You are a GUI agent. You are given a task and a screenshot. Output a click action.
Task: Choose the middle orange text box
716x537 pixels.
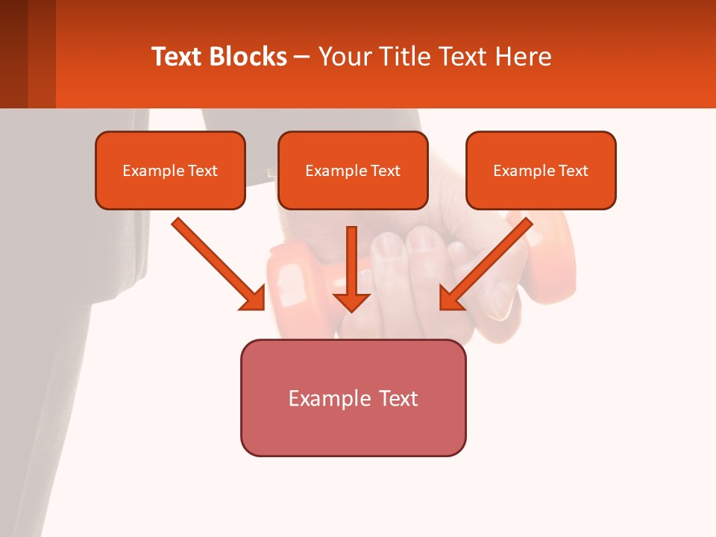click(x=353, y=191)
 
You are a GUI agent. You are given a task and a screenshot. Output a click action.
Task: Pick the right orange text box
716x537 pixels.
click(x=541, y=191)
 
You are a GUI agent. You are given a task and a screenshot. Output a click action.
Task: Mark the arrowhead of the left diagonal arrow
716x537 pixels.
click(x=254, y=298)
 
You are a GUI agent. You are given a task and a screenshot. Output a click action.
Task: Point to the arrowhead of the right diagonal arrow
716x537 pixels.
click(x=450, y=298)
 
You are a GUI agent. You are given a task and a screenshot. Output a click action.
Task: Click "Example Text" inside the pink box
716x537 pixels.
click(x=353, y=398)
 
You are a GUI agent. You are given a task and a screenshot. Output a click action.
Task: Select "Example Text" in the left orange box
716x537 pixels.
click(x=170, y=171)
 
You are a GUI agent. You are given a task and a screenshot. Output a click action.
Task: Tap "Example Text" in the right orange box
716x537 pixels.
click(x=541, y=171)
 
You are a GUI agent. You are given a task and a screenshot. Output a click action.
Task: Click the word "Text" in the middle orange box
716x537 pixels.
click(x=385, y=171)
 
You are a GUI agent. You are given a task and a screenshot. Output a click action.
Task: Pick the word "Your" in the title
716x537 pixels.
click(x=343, y=57)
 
